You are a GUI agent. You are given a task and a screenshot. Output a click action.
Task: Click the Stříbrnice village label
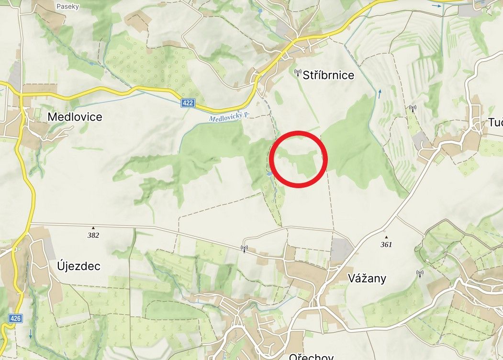(328, 75)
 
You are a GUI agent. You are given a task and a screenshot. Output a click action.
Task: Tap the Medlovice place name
(75, 117)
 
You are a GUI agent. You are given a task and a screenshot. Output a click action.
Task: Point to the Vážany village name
(367, 278)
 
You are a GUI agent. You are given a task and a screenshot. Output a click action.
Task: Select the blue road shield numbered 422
(188, 103)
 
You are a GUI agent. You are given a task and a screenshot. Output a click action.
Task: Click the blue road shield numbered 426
(15, 318)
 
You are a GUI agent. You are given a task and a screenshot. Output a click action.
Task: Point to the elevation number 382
(93, 235)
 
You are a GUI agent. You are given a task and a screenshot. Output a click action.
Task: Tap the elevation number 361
(386, 245)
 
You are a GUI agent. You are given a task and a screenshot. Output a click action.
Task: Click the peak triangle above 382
(93, 228)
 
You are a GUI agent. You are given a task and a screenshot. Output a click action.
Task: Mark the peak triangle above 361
(386, 237)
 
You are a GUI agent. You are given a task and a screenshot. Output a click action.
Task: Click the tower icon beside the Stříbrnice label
(297, 73)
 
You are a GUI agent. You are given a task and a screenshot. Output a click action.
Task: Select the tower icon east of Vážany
(420, 274)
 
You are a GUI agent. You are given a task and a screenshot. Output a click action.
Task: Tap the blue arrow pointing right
(436, 6)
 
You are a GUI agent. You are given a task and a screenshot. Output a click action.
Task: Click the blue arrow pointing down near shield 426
(31, 334)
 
